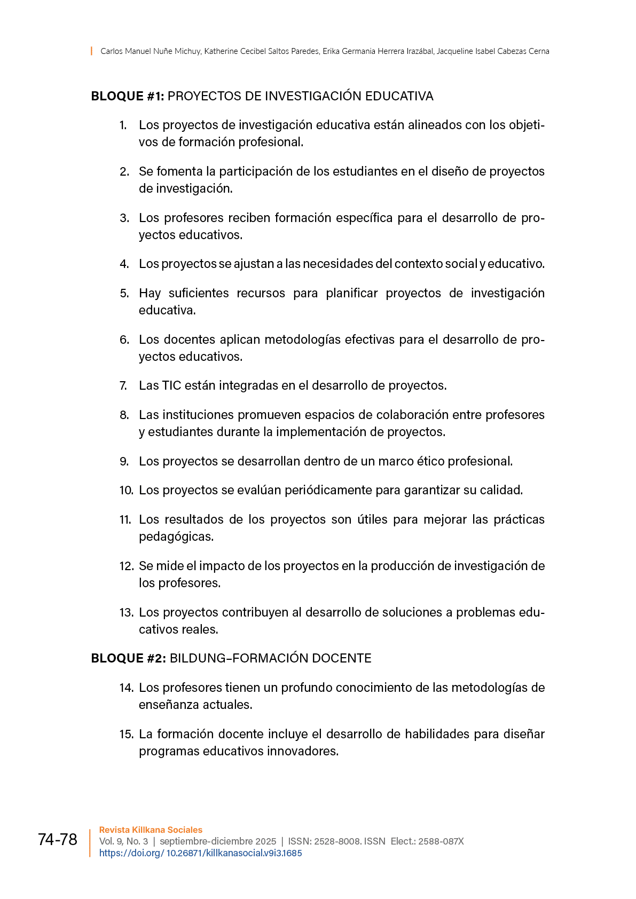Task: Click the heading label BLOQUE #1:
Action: click(x=128, y=96)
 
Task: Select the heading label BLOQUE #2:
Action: click(x=128, y=658)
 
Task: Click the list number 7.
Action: click(x=123, y=385)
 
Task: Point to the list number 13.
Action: click(x=126, y=612)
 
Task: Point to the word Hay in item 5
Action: click(x=150, y=293)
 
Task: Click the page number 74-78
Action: click(x=58, y=839)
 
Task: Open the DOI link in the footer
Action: click(x=200, y=853)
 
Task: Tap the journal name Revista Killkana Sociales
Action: click(x=151, y=830)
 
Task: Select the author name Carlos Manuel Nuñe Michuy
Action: click(x=151, y=51)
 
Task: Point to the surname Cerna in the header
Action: click(x=539, y=51)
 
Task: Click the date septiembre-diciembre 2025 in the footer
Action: click(x=218, y=841)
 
